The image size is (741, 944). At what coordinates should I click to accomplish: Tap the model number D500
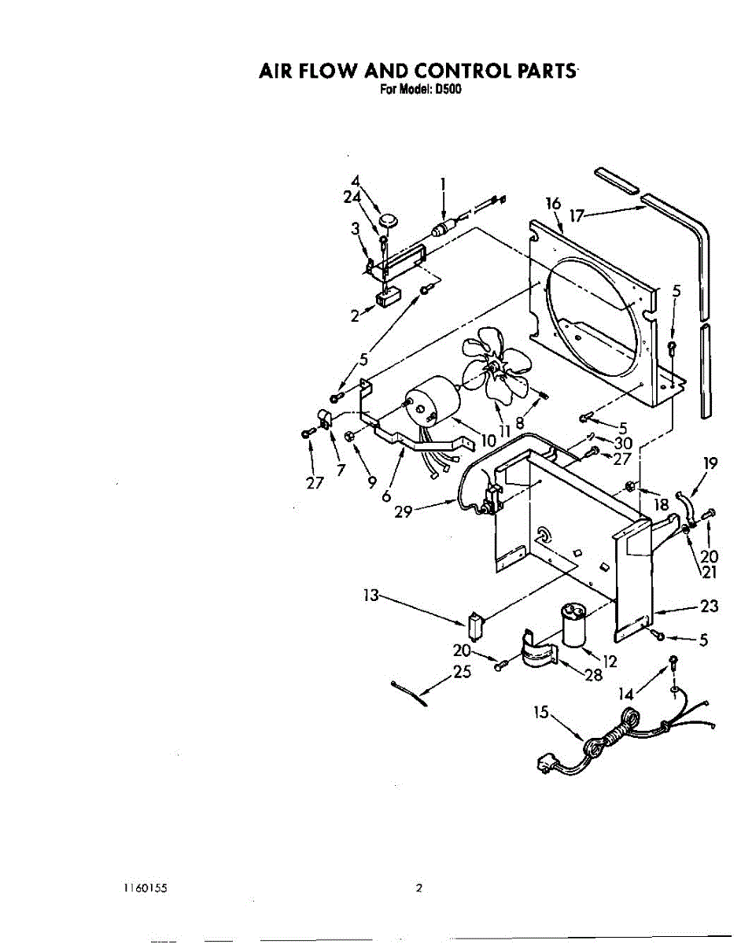448,90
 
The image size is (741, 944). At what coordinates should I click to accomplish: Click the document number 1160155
144,888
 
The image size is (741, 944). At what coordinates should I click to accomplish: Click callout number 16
553,205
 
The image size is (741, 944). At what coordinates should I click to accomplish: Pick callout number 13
370,596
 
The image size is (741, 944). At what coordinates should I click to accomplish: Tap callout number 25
462,673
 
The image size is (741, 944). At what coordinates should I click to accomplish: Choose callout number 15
540,713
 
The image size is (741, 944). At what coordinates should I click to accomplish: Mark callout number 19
710,463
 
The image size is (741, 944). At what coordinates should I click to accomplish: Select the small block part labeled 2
387,298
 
